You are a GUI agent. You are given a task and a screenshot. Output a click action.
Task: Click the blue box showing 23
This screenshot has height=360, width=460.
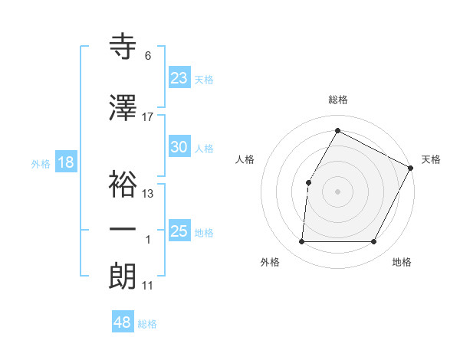[179, 77]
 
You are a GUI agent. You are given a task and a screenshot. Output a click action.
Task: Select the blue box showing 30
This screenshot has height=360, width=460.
[179, 147]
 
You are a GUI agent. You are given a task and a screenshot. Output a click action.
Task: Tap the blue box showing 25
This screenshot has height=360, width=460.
[179, 231]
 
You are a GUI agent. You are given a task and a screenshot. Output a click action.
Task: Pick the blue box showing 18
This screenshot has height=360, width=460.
[65, 162]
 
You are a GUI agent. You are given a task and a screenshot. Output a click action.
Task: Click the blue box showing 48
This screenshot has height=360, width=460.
[123, 322]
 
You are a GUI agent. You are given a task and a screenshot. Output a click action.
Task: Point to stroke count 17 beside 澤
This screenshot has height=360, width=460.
[148, 117]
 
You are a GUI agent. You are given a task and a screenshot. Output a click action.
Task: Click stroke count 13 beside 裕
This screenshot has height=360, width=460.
[148, 194]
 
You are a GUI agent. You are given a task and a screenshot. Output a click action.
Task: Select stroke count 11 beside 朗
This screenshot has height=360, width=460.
[148, 286]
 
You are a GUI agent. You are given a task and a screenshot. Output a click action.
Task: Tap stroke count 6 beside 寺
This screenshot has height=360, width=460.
[148, 56]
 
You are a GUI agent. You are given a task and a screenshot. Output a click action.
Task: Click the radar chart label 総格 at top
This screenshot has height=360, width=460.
[337, 100]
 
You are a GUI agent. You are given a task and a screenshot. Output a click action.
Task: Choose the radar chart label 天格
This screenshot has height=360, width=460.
[431, 159]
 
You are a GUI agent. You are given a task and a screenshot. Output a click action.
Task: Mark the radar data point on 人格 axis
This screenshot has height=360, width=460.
[308, 182]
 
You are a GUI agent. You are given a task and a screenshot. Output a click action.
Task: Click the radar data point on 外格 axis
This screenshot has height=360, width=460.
[301, 242]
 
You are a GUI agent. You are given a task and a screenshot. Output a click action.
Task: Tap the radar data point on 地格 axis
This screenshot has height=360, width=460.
[374, 242]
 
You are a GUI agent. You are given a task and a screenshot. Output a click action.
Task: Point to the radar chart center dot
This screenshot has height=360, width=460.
[337, 191]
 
